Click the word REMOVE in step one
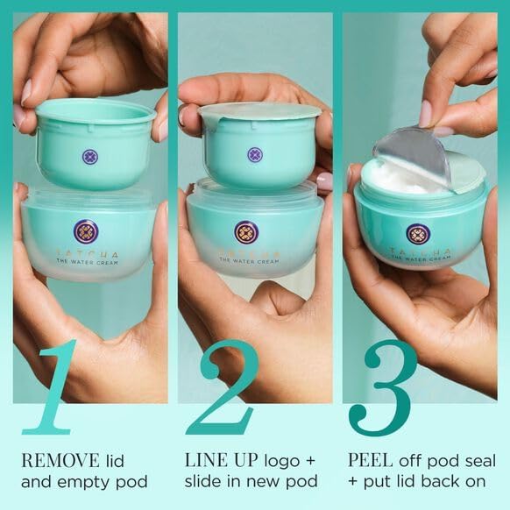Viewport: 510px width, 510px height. [x=60, y=460]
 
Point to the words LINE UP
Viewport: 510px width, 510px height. [x=221, y=460]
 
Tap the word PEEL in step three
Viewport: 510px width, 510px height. [x=370, y=460]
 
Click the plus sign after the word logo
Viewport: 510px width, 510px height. [x=309, y=461]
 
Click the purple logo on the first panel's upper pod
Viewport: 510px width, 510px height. [x=90, y=157]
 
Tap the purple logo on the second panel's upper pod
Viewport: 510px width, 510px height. [x=255, y=155]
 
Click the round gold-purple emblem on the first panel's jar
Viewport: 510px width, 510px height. [x=86, y=231]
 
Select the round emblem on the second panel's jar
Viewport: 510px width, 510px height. [x=246, y=232]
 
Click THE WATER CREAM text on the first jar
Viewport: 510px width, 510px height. [x=87, y=262]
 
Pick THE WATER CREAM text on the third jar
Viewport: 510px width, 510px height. [x=421, y=259]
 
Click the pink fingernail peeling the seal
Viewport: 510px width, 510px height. [x=425, y=114]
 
